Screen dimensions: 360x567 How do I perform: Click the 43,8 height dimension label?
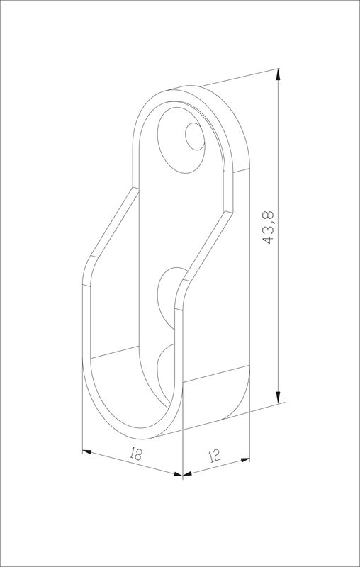[269, 227]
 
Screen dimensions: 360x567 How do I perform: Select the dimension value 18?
[135, 454]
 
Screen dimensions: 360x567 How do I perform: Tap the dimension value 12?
[214, 456]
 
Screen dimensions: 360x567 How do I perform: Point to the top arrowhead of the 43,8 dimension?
[278, 74]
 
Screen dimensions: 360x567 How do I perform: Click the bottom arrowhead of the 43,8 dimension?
[278, 397]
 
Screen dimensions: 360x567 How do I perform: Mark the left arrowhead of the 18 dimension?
[87, 451]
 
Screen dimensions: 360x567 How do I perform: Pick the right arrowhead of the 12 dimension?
[245, 460]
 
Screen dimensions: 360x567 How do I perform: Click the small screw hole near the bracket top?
[195, 136]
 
